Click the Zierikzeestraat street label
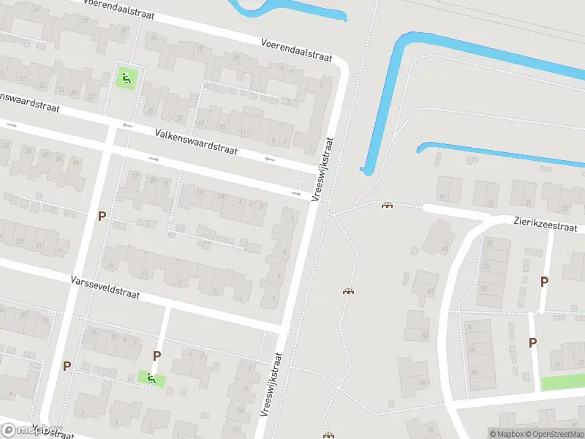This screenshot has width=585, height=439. [x=546, y=222]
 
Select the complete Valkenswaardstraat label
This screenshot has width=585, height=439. [x=197, y=140]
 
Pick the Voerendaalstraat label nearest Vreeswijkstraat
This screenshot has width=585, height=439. [x=296, y=50]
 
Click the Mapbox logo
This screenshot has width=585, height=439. [x=31, y=430]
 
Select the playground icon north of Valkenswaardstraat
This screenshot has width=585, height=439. [x=126, y=78]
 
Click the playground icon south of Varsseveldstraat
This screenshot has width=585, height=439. [x=151, y=378]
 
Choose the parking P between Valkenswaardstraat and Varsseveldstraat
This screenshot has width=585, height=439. [x=102, y=216]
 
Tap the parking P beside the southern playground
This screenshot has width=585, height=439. [x=156, y=356]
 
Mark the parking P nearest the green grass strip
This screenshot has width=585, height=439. [x=532, y=342]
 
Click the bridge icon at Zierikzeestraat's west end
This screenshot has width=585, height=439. [x=386, y=205]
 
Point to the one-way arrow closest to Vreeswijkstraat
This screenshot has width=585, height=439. [x=296, y=194]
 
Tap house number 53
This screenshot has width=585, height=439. [x=425, y=335]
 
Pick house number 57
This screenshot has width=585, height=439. [x=422, y=382]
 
